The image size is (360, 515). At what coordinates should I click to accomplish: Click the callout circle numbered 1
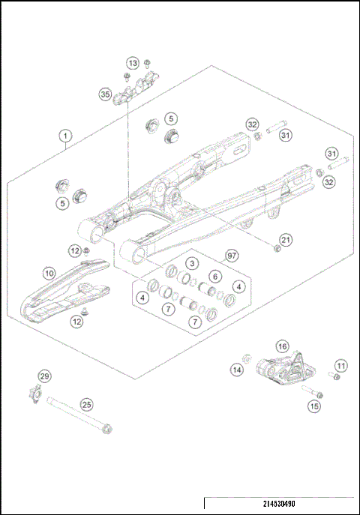click(x=66, y=136)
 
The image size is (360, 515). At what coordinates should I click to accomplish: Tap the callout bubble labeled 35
click(x=105, y=94)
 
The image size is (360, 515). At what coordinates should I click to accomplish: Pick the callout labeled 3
click(x=192, y=263)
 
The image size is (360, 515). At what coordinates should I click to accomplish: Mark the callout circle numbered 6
click(x=214, y=276)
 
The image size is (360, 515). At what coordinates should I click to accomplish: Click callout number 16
click(x=282, y=346)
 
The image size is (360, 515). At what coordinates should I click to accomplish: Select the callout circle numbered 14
click(x=237, y=370)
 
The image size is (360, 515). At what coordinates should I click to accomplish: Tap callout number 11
click(x=341, y=366)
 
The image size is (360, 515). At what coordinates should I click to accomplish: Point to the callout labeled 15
click(x=314, y=406)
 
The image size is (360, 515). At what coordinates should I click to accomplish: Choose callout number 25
click(x=87, y=404)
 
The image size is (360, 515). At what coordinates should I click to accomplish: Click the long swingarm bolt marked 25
click(x=75, y=414)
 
